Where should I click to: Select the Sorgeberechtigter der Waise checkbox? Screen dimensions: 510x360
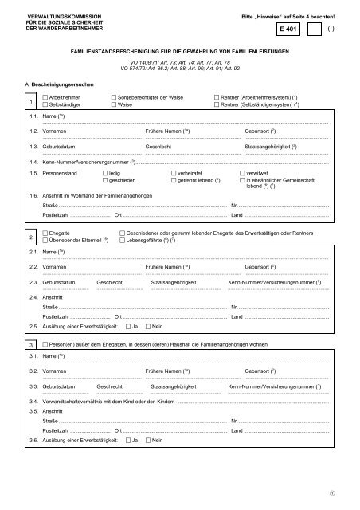[x=115, y=96]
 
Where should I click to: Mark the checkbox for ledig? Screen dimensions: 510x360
[x=106, y=171]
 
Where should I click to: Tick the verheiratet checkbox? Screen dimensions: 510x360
[x=174, y=171]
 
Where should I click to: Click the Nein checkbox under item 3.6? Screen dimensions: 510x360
[x=147, y=441]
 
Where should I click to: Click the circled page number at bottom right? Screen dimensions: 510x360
[x=343, y=492]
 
